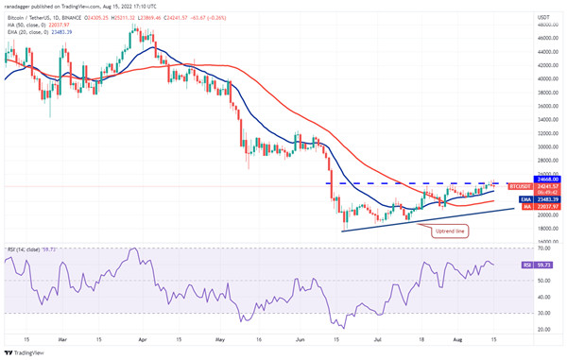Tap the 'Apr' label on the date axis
142,337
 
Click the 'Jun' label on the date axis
301,337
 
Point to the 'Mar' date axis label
61,337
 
